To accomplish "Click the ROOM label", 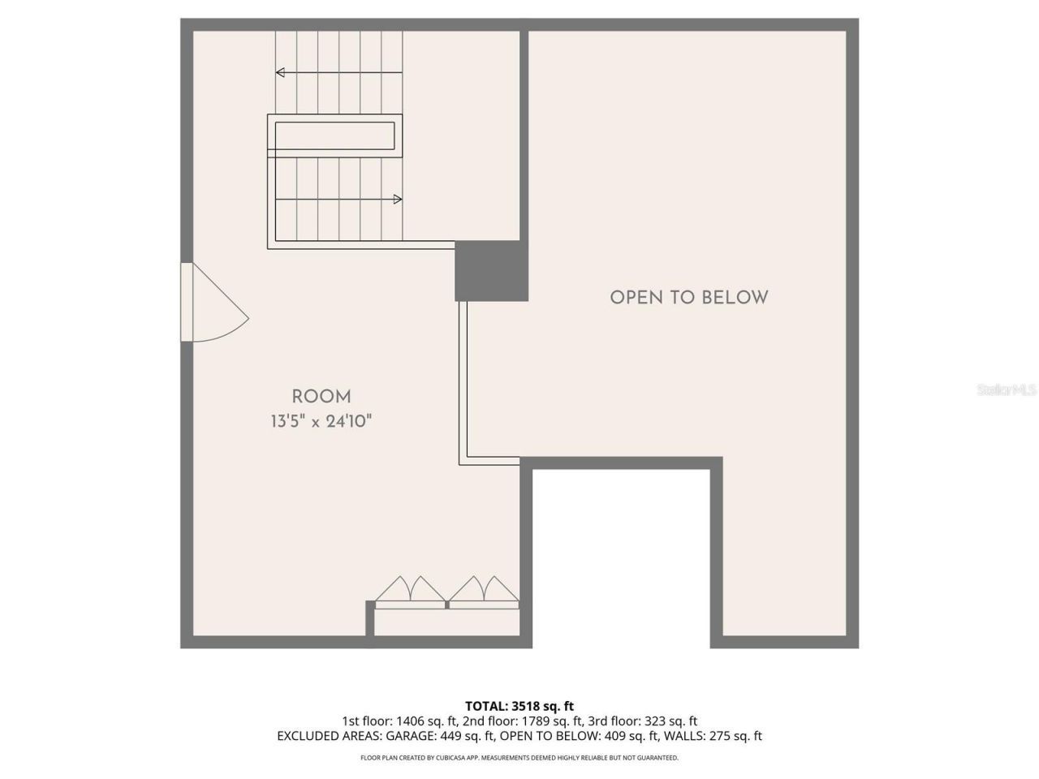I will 321,397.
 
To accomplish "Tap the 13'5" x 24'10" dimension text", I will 321,422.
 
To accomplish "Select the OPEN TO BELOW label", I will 688,297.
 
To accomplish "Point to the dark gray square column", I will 491,271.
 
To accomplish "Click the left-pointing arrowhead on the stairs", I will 280,72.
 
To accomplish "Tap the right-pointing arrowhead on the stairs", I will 398,199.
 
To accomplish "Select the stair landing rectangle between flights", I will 334,135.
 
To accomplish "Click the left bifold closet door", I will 411,592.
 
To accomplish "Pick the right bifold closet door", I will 484,592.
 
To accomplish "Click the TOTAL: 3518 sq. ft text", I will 519,706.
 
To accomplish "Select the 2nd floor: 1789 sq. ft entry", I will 522,721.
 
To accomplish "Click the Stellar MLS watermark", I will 1007,390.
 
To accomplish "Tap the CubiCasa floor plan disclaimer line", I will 519,758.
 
